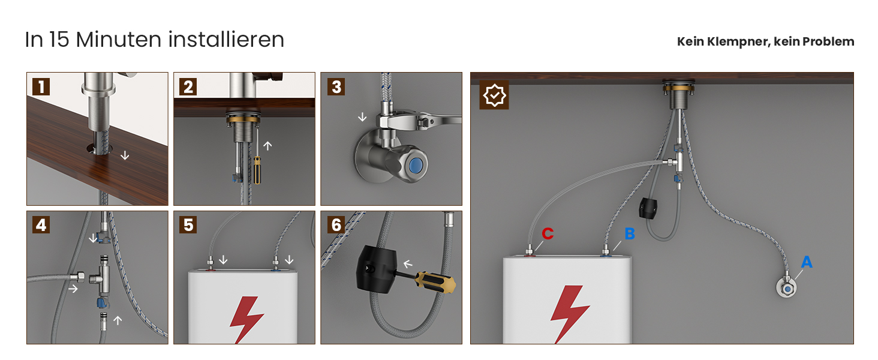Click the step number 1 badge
coord(41,86)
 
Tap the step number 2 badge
coord(188,86)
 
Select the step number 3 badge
coord(336,86)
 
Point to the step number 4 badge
coord(41,225)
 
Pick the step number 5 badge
coord(188,225)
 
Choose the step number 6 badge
coord(336,225)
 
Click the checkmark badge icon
coord(494,95)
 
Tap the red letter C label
coord(548,234)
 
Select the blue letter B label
coord(630,234)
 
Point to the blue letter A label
coord(807,262)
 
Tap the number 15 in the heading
coord(59,40)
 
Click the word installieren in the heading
coord(226,40)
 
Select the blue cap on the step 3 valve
coord(416,165)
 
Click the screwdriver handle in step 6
coord(435,282)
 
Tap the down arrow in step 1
coord(125,155)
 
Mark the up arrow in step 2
coord(267,146)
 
